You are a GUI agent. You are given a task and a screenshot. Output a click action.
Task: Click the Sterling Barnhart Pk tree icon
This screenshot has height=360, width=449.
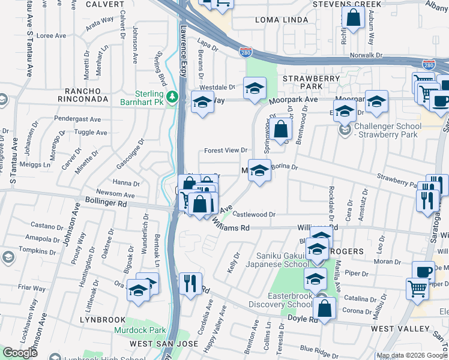173,96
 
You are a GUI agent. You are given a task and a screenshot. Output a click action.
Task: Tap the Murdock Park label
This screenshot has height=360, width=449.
140,331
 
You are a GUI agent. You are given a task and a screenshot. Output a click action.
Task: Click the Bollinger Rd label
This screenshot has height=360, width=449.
106,204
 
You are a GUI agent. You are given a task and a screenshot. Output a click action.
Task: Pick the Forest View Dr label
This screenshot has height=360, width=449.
226,150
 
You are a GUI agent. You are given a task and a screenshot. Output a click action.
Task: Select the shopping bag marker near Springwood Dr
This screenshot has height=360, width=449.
280,128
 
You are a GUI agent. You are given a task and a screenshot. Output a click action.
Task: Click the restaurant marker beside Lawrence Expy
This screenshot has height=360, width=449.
190,283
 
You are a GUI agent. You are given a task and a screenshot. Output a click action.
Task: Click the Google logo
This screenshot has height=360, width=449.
20,353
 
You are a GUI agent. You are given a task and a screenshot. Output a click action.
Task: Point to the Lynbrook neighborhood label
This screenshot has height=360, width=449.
103,320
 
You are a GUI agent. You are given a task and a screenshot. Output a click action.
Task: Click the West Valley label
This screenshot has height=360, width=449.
400,329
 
